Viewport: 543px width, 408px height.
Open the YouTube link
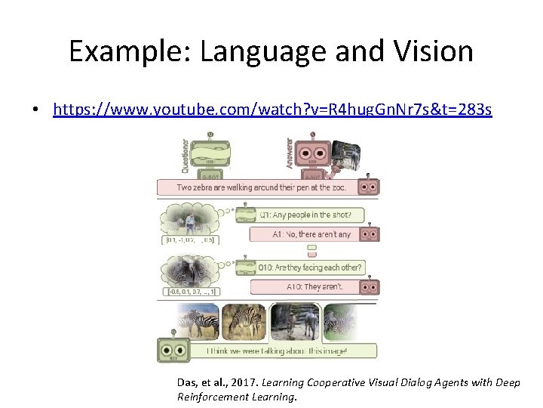[x=272, y=110]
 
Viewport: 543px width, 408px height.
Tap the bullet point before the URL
[x=35, y=110]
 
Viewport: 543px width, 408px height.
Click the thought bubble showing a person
[x=189, y=220]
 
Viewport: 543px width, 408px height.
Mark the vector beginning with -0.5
[x=190, y=292]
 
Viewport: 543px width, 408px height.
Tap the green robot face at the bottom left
[x=173, y=351]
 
